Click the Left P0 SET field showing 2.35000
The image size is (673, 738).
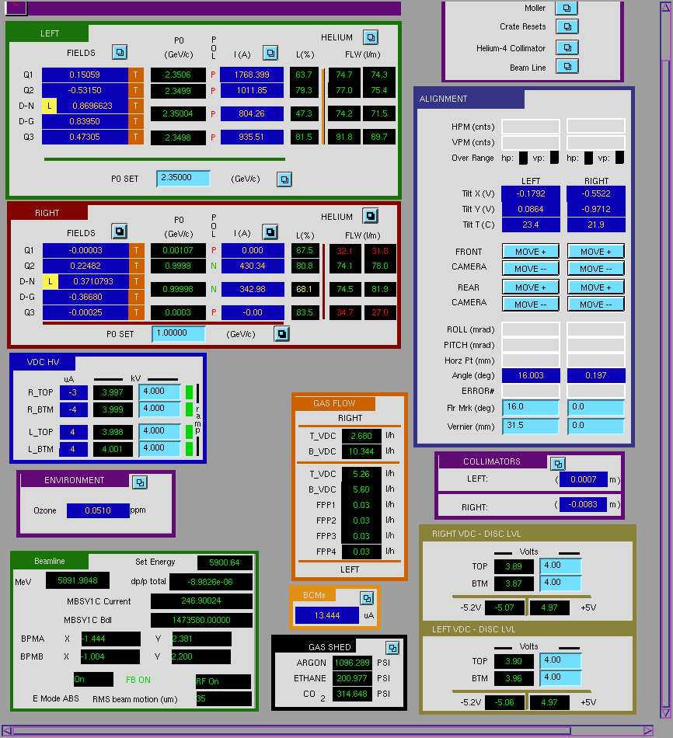(183, 178)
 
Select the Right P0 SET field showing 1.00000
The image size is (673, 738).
(179, 333)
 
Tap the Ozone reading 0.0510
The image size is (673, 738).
(98, 510)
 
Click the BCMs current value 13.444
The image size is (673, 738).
(327, 615)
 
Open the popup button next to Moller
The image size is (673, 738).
(567, 8)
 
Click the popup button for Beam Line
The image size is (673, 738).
(567, 67)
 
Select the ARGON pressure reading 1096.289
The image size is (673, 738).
(352, 663)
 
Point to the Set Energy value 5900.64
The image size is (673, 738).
(225, 562)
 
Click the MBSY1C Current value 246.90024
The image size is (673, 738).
(201, 601)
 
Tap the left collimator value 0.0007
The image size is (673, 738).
(584, 479)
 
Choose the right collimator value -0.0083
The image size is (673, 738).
(584, 504)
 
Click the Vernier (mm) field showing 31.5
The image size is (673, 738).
(531, 426)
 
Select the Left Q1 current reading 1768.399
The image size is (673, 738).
(252, 75)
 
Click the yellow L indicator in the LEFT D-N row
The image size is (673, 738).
(50, 106)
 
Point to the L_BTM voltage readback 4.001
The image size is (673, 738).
(113, 449)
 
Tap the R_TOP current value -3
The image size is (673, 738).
(73, 392)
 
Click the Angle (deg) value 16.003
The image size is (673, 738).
(531, 375)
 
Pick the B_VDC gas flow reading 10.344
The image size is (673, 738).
(361, 451)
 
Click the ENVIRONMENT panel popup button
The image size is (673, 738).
(140, 482)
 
